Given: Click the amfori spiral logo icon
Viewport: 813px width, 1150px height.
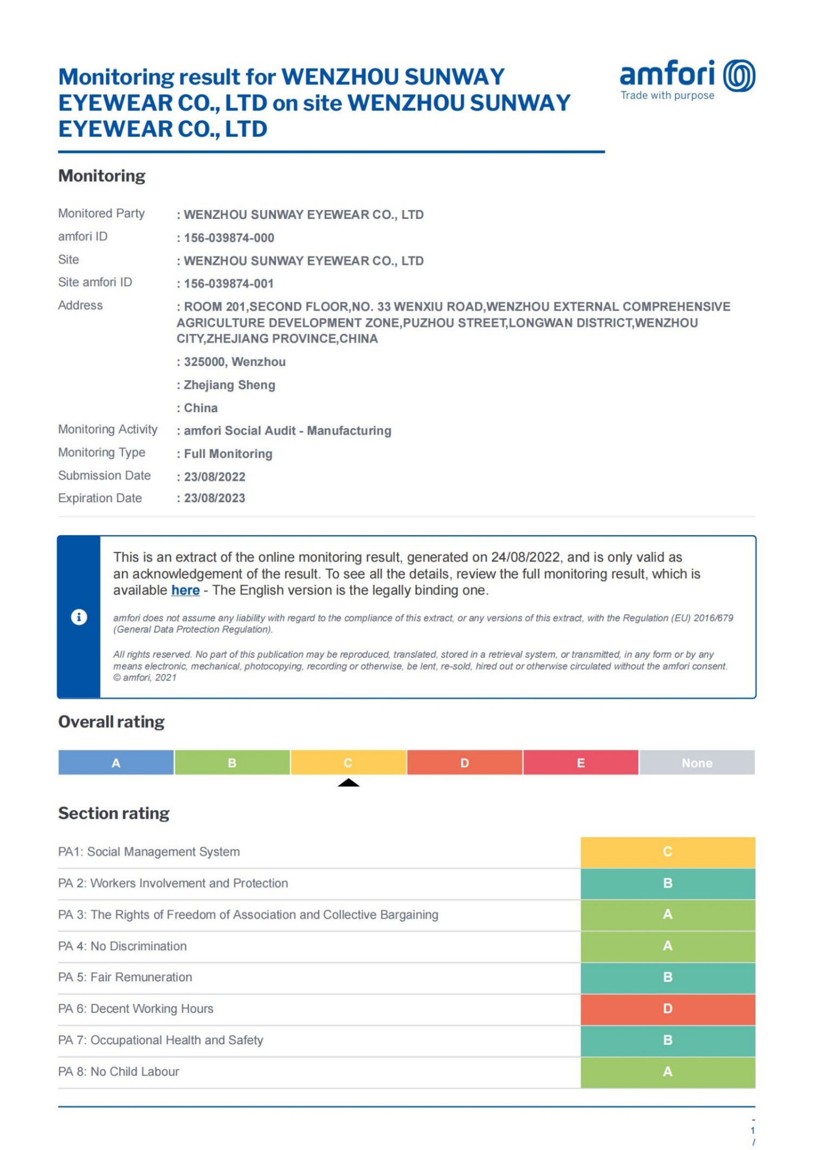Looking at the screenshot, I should click(739, 75).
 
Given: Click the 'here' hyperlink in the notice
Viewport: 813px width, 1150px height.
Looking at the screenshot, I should click(185, 590).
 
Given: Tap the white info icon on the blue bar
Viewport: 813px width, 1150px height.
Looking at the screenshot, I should click(79, 617).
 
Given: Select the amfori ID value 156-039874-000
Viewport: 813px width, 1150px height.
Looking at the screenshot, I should click(229, 237).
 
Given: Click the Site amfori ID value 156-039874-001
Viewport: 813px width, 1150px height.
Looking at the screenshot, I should click(229, 284).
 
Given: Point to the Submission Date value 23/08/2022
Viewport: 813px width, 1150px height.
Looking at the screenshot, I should click(215, 477).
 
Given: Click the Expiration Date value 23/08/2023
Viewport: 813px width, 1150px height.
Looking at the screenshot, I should click(215, 498).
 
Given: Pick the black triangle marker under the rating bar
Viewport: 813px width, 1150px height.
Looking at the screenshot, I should click(349, 782).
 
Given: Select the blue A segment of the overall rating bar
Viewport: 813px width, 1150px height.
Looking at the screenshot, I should click(116, 762).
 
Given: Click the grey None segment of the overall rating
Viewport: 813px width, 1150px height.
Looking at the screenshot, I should click(697, 762).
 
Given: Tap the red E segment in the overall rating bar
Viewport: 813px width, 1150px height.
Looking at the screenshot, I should click(580, 762).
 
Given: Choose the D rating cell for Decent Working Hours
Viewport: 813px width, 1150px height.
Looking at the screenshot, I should click(668, 1008).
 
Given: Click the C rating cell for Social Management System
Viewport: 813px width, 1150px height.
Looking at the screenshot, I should click(668, 852).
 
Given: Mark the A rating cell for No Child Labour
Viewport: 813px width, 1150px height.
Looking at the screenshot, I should click(668, 1071).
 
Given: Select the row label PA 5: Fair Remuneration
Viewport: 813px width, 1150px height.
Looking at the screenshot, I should click(125, 977).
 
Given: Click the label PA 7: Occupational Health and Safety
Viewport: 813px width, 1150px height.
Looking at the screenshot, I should click(160, 1040).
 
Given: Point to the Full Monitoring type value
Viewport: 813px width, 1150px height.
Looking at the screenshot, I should click(228, 454).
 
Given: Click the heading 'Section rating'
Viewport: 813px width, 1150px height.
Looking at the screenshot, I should click(114, 813).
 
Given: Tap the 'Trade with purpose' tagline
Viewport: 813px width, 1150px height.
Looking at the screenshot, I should click(667, 95).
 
